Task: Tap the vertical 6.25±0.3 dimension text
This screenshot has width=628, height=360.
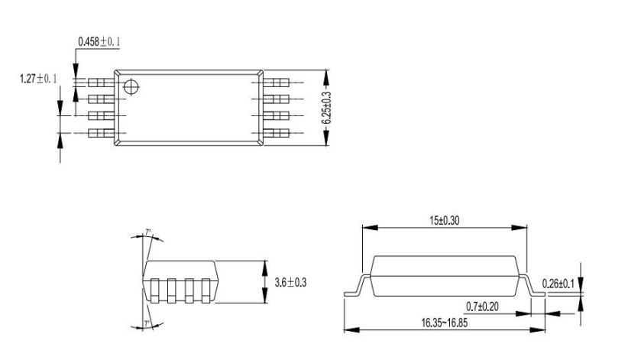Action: [x=336, y=109]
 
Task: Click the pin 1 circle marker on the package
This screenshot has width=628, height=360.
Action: [x=132, y=87]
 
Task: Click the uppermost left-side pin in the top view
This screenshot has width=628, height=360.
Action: [x=100, y=81]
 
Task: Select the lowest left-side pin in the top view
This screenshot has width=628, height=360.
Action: [x=100, y=134]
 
